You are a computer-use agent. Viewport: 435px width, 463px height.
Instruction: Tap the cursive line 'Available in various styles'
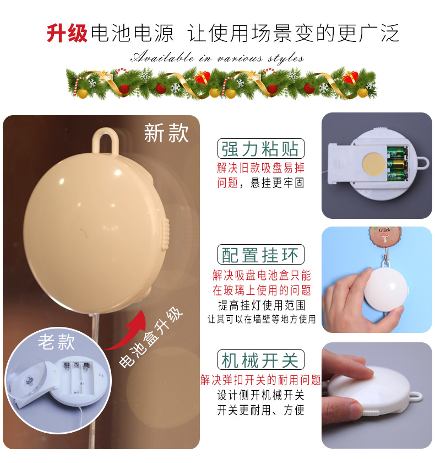(217, 57)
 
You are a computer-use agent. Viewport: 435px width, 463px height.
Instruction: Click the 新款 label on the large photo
(166, 133)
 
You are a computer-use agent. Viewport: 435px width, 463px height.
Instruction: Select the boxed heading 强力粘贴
(260, 149)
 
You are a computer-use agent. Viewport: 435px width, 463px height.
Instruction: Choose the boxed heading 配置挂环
(260, 255)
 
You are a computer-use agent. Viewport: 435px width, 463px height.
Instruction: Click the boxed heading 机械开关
(260, 360)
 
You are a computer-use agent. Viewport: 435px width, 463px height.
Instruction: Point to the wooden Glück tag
(384, 235)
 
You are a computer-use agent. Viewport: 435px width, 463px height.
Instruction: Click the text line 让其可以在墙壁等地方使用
(262, 319)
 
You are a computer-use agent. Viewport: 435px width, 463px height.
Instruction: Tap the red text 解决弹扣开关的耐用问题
(260, 380)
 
